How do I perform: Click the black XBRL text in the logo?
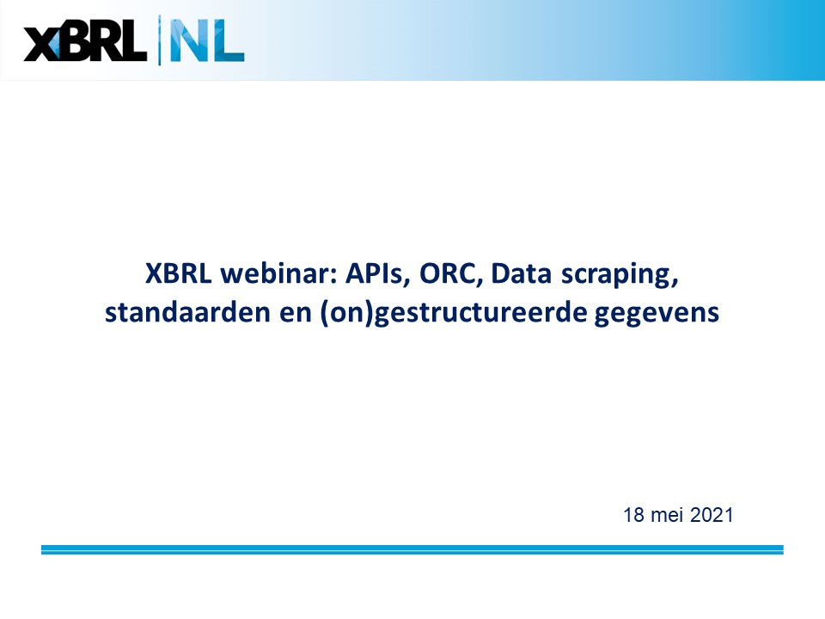click(x=85, y=41)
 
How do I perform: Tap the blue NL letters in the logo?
click(x=207, y=41)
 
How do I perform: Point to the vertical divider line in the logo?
click(x=160, y=40)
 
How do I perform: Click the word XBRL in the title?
click(x=179, y=273)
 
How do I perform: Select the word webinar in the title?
click(x=278, y=273)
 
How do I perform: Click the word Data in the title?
click(x=521, y=273)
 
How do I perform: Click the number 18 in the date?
click(x=633, y=515)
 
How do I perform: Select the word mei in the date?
click(x=667, y=515)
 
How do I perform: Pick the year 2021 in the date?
click(x=712, y=515)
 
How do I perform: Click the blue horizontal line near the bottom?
click(x=412, y=549)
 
